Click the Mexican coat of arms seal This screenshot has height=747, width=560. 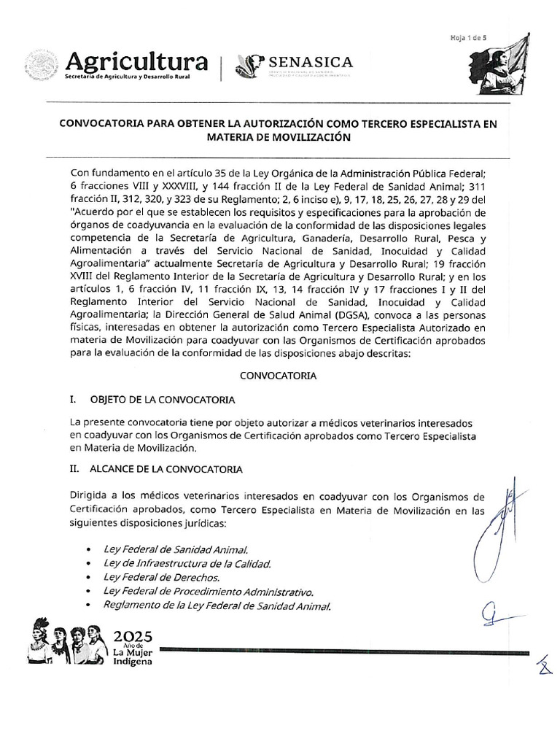[x=42, y=65]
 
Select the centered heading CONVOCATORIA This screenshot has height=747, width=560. [x=278, y=376]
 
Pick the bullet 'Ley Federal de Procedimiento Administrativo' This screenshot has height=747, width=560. [x=209, y=591]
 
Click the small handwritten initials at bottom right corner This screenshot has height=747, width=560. [x=542, y=665]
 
